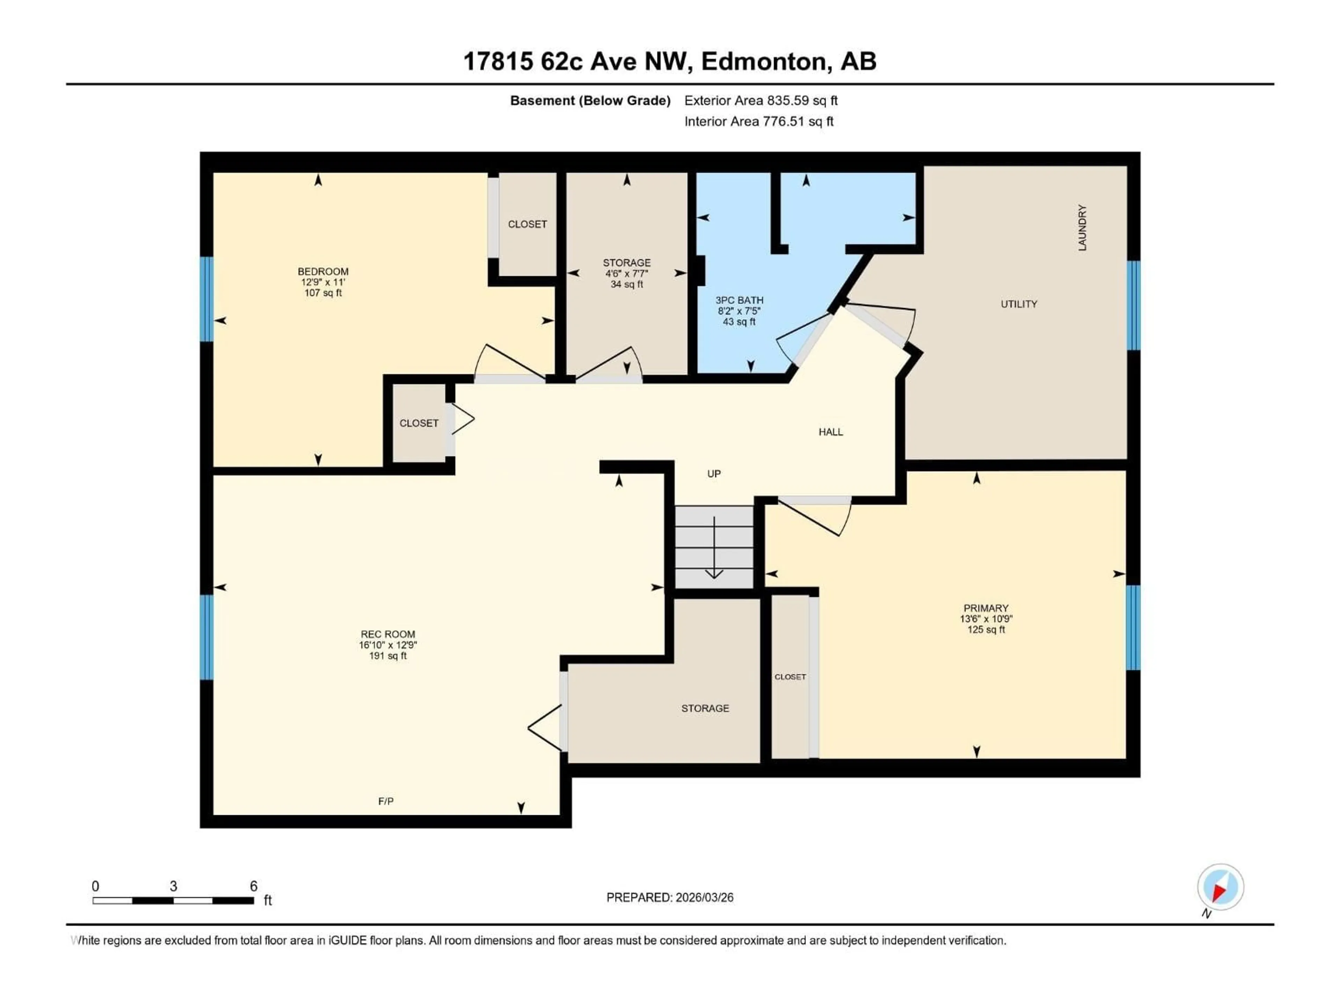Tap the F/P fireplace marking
tap(386, 801)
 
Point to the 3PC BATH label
tap(739, 300)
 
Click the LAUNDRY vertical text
tap(1082, 228)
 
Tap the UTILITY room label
tap(1018, 304)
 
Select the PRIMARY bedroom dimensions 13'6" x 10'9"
tap(986, 619)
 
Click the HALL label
tap(830, 432)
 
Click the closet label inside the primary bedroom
tap(790, 677)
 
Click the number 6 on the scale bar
tap(254, 886)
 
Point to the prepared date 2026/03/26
tap(669, 897)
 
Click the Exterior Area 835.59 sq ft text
tap(761, 101)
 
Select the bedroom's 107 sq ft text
tap(323, 293)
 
